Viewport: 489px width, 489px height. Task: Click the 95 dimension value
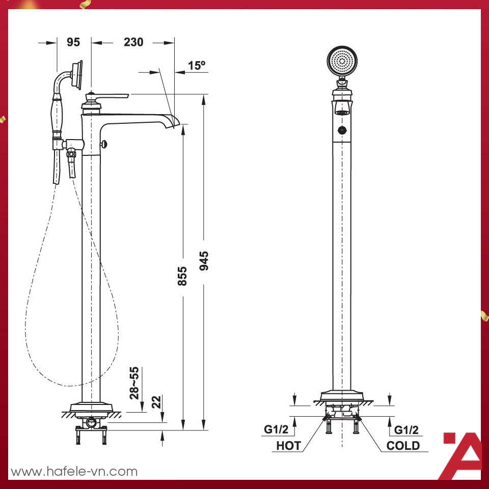(x=73, y=42)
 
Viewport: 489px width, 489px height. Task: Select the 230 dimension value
(x=133, y=42)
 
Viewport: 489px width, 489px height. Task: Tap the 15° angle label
(x=196, y=66)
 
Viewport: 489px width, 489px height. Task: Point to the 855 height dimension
(x=182, y=276)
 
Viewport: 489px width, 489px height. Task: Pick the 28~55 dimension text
(x=134, y=382)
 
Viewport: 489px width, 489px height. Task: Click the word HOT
(x=289, y=446)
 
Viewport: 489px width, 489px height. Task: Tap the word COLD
(x=403, y=446)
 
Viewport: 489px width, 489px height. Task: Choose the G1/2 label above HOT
(x=277, y=430)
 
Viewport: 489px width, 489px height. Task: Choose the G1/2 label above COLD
(x=406, y=430)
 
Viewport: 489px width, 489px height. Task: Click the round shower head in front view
(x=342, y=62)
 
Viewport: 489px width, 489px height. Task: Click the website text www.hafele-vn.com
(x=74, y=471)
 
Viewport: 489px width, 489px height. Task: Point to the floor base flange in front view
(x=342, y=396)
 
